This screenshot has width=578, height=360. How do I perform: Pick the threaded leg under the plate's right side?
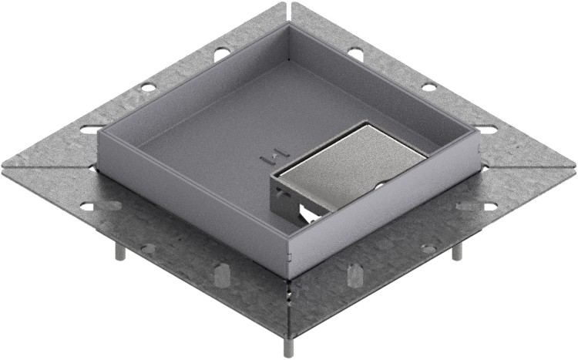pos(456,251)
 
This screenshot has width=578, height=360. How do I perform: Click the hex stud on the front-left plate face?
pos(220,274)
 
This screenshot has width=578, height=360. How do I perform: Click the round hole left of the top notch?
pos(220,54)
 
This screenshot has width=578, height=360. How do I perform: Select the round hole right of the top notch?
pos(355,53)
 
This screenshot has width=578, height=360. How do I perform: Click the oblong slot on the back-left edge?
pos(91,130)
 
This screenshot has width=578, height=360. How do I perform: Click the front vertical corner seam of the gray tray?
pos(288,258)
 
